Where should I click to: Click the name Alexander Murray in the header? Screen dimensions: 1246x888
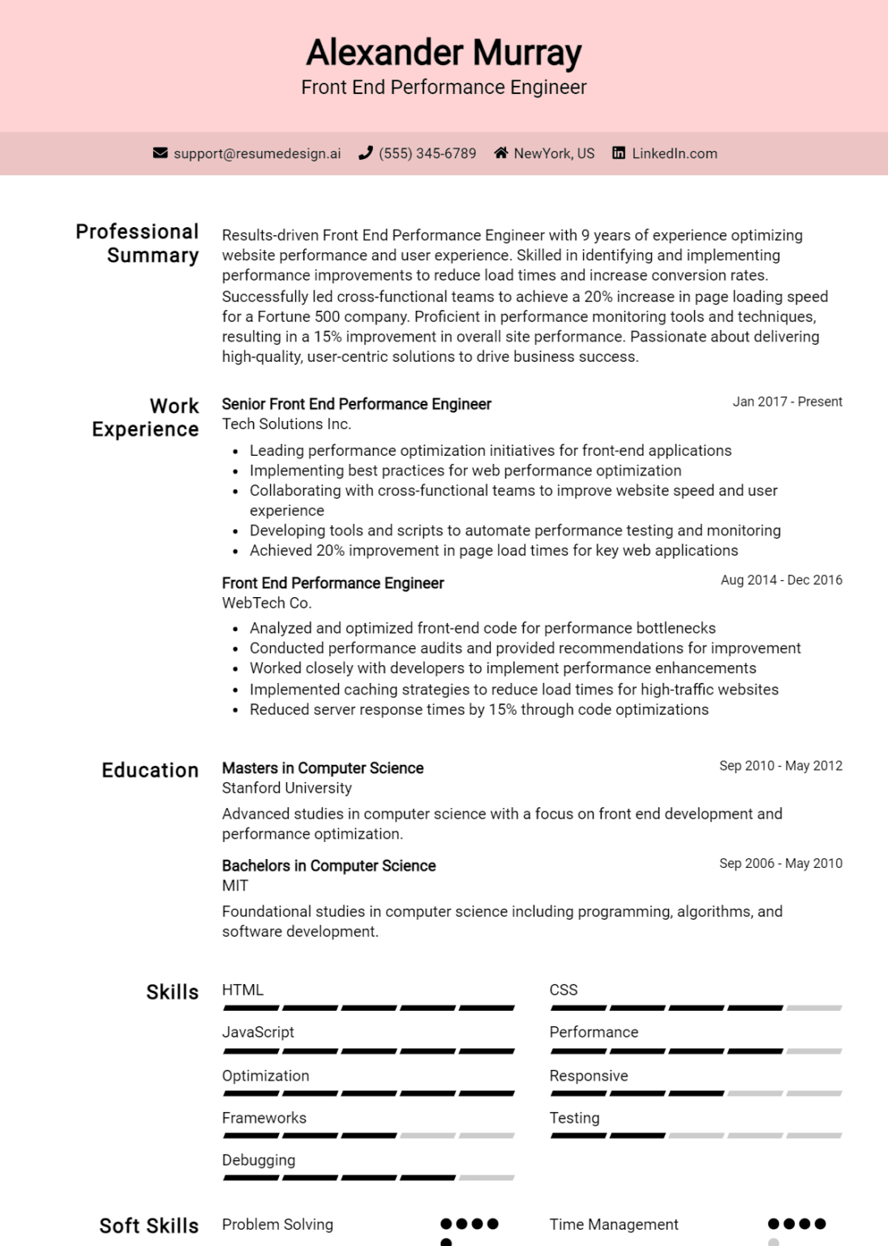click(444, 53)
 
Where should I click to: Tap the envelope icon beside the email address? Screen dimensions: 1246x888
click(161, 153)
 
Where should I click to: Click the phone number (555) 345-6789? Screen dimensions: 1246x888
click(427, 153)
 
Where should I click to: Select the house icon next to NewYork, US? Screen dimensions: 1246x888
click(501, 153)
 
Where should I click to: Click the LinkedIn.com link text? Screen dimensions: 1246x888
click(674, 153)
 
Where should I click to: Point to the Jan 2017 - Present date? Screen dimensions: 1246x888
click(787, 402)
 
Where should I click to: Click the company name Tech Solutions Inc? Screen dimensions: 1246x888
click(286, 424)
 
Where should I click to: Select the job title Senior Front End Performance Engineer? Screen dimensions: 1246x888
click(357, 404)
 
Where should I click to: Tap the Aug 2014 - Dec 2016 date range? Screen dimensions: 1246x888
click(781, 580)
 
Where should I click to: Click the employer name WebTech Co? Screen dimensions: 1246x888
click(267, 603)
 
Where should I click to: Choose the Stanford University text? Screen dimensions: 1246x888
click(287, 788)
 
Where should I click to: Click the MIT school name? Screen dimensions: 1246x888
click(235, 886)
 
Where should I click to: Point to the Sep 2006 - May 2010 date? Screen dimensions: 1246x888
click(780, 863)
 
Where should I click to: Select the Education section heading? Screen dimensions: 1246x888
click(150, 770)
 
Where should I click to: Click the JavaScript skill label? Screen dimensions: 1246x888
click(258, 1032)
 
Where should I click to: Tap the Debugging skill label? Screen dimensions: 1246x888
click(259, 1160)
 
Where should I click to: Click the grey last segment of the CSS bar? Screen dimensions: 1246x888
click(813, 1008)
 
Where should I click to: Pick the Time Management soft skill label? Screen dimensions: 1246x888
click(614, 1224)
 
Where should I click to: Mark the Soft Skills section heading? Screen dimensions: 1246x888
click(149, 1226)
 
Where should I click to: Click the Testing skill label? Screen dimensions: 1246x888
click(575, 1118)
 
